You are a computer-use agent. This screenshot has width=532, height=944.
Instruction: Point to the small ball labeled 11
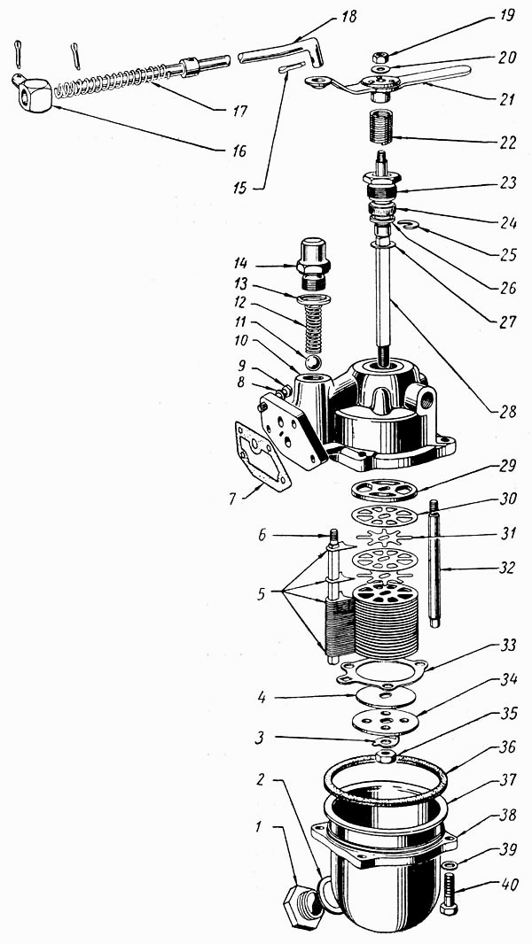click(x=312, y=362)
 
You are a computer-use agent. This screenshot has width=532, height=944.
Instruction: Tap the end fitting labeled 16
click(x=32, y=91)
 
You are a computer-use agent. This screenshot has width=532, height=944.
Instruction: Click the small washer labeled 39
click(x=450, y=863)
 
